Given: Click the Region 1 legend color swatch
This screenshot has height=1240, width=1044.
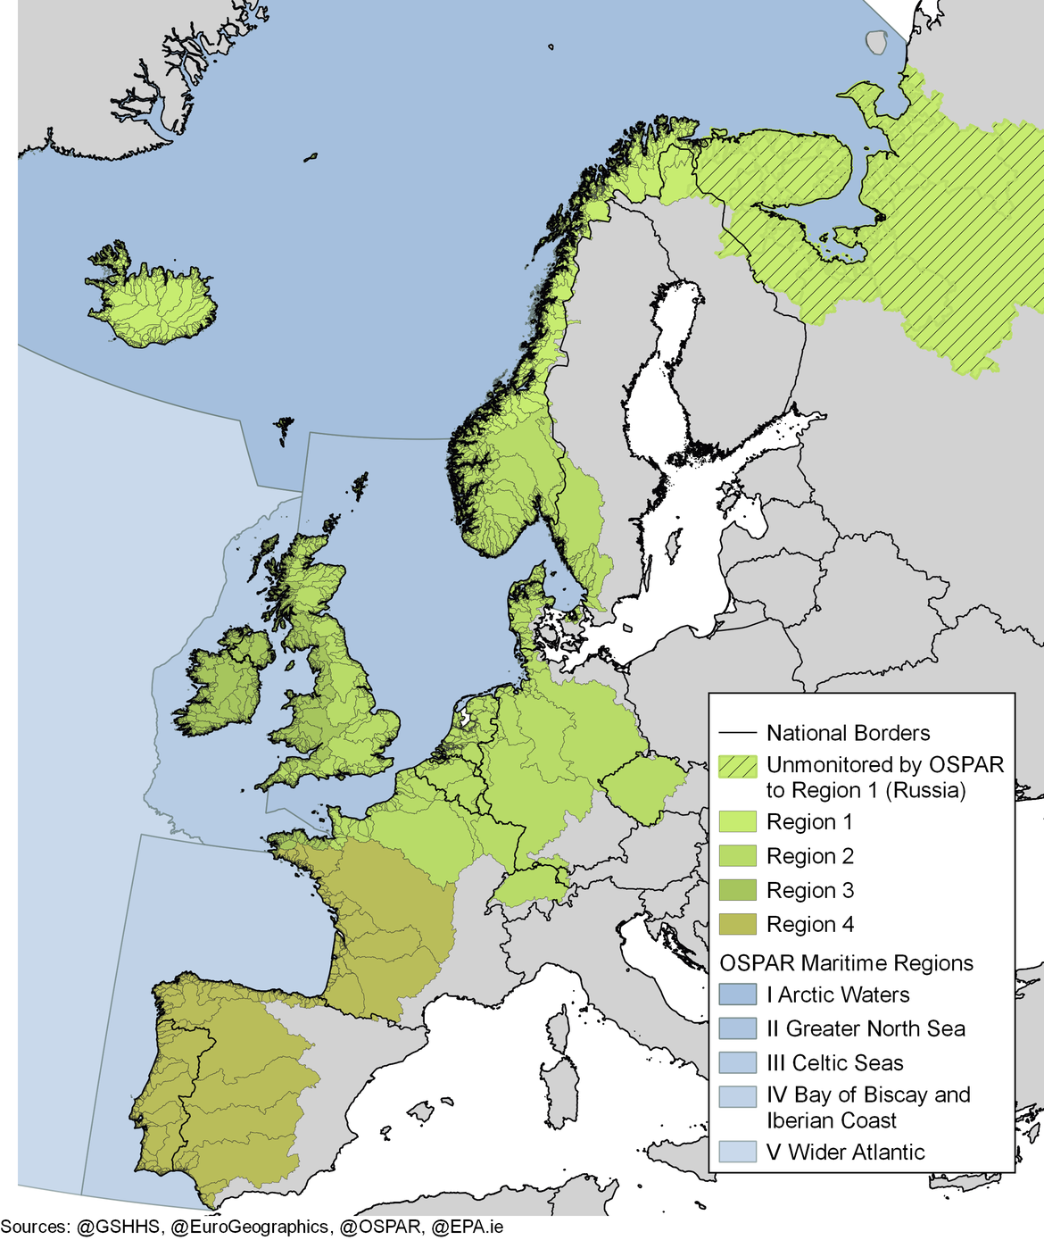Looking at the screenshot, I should click(738, 822).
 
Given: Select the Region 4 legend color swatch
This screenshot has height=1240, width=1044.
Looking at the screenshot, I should click(738, 925).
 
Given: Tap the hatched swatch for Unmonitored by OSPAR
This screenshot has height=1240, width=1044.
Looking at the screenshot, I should click(738, 766).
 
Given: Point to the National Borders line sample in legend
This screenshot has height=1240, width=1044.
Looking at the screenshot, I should click(738, 734).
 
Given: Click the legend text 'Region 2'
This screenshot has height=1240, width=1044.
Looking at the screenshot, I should click(809, 857).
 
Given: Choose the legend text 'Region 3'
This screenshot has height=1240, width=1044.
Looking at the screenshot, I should click(809, 891).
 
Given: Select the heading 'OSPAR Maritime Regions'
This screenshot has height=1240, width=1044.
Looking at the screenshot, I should click(846, 963).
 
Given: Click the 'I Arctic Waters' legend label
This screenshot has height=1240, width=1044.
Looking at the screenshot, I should click(838, 995).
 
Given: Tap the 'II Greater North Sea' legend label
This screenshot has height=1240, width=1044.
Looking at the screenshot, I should click(866, 1029).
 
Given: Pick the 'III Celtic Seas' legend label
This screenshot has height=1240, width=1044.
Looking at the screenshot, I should click(834, 1063).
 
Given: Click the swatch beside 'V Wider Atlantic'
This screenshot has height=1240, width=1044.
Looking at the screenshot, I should click(738, 1153).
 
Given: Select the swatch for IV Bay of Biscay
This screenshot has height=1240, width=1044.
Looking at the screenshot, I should click(738, 1096).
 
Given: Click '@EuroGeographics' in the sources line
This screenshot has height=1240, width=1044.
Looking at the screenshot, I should click(249, 1228).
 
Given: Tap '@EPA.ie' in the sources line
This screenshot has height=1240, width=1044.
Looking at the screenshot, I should click(467, 1228).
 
